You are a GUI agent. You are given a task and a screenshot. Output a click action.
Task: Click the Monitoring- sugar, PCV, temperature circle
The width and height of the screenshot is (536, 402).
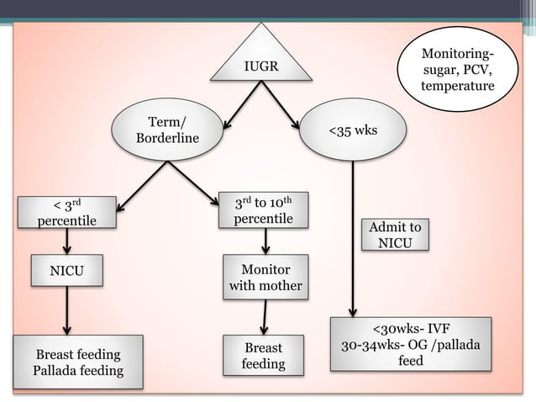click(x=458, y=71)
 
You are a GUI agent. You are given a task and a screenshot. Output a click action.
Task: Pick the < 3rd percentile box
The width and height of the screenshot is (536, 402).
click(x=67, y=212)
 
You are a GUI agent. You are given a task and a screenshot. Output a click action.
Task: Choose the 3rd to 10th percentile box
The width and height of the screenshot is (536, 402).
click(x=264, y=210)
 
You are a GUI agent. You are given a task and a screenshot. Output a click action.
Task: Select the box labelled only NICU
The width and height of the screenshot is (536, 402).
click(x=67, y=271)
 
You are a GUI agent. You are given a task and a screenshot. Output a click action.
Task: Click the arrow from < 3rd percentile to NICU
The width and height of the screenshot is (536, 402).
click(x=67, y=241)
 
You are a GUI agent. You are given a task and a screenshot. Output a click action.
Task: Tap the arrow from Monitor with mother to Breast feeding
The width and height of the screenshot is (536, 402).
click(x=265, y=317)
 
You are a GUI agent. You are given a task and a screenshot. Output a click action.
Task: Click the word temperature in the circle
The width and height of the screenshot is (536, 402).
click(x=458, y=87)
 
